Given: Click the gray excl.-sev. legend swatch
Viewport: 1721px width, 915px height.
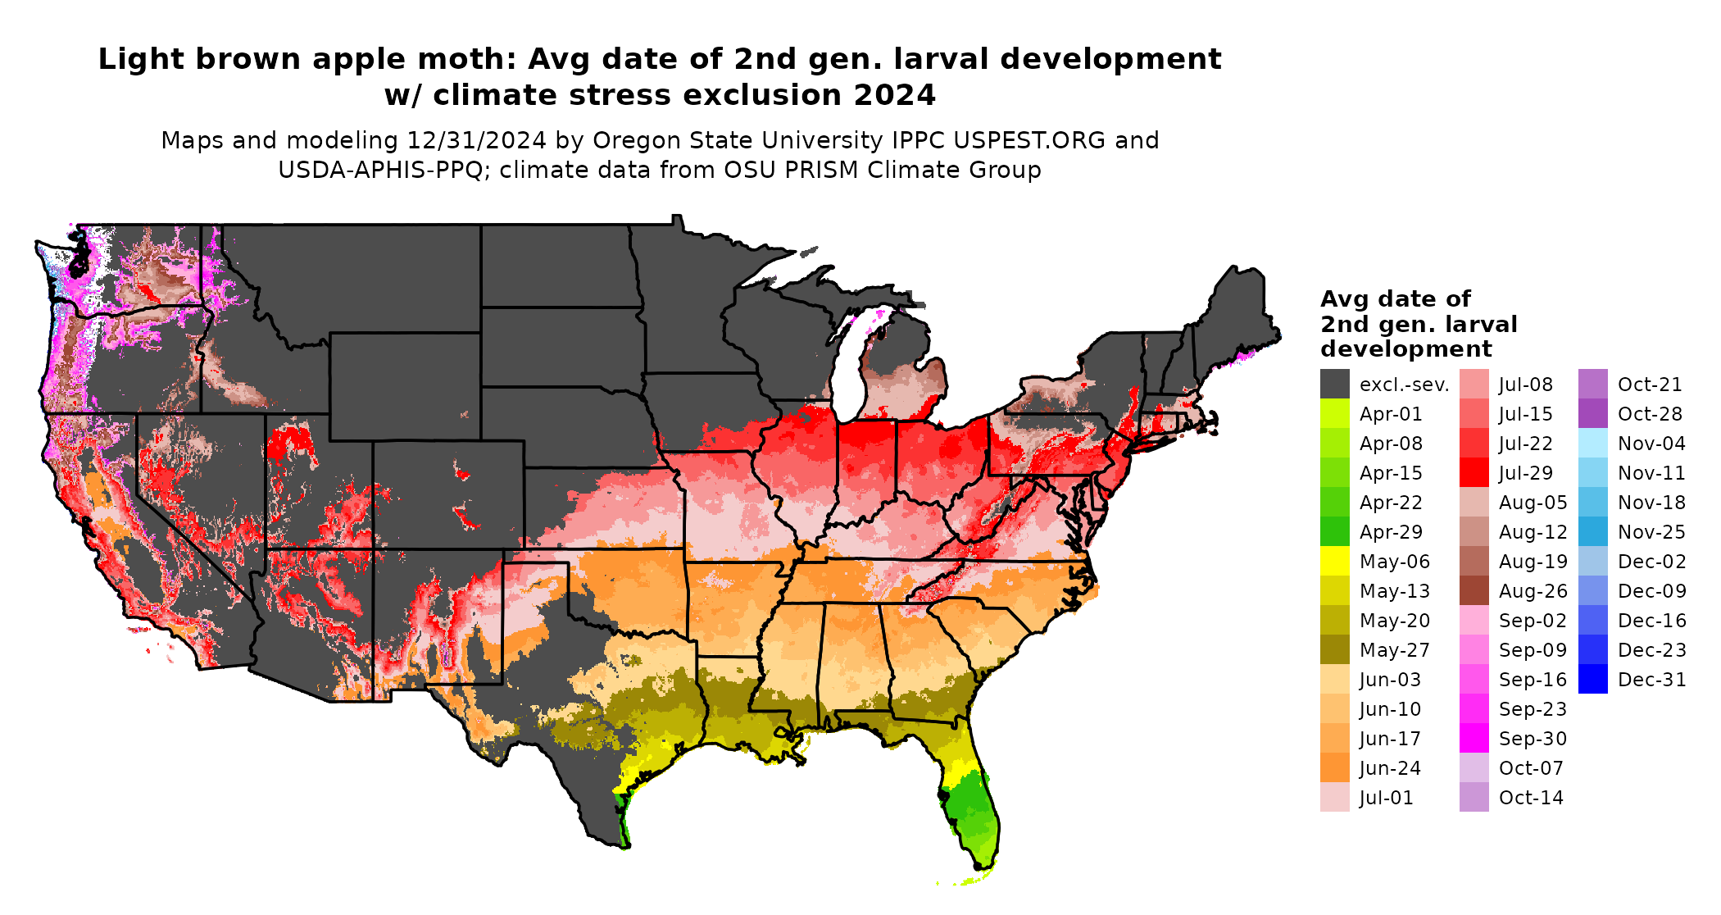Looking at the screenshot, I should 1334,384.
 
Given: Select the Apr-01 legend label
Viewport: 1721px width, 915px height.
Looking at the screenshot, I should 1391,414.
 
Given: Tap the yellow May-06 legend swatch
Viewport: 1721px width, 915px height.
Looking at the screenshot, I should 1334,561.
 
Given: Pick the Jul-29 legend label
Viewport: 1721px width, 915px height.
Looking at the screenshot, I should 1526,473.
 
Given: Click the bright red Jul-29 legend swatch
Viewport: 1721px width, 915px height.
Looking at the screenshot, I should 1474,472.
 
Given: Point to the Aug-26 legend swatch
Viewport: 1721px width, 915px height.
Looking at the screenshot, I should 1474,590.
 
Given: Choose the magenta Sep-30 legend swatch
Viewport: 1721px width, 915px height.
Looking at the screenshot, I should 1474,738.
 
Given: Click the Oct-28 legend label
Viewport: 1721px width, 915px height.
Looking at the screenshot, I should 1650,414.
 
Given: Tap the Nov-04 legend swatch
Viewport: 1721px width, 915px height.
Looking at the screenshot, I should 1592,443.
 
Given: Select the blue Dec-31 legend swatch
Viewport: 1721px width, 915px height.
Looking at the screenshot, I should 1592,679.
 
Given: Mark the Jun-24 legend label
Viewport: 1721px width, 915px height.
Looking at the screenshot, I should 1390,768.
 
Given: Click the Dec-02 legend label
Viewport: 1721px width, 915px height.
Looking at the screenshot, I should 1651,562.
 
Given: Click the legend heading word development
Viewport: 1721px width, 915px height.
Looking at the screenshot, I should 1405,349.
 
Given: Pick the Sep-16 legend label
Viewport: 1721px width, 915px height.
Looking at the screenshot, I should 1533,680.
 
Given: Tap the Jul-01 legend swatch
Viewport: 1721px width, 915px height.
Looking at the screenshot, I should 1334,797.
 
